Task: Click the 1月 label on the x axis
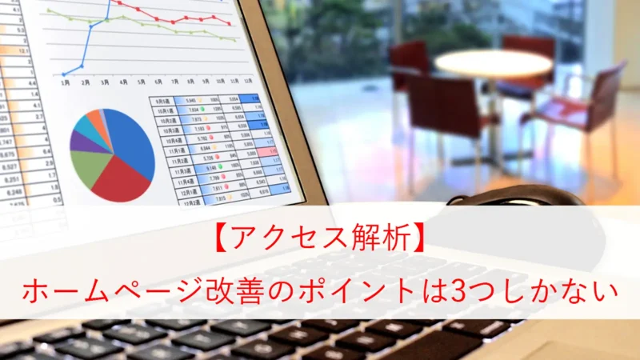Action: [x=65, y=82]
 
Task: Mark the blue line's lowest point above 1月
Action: [x=63, y=74]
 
